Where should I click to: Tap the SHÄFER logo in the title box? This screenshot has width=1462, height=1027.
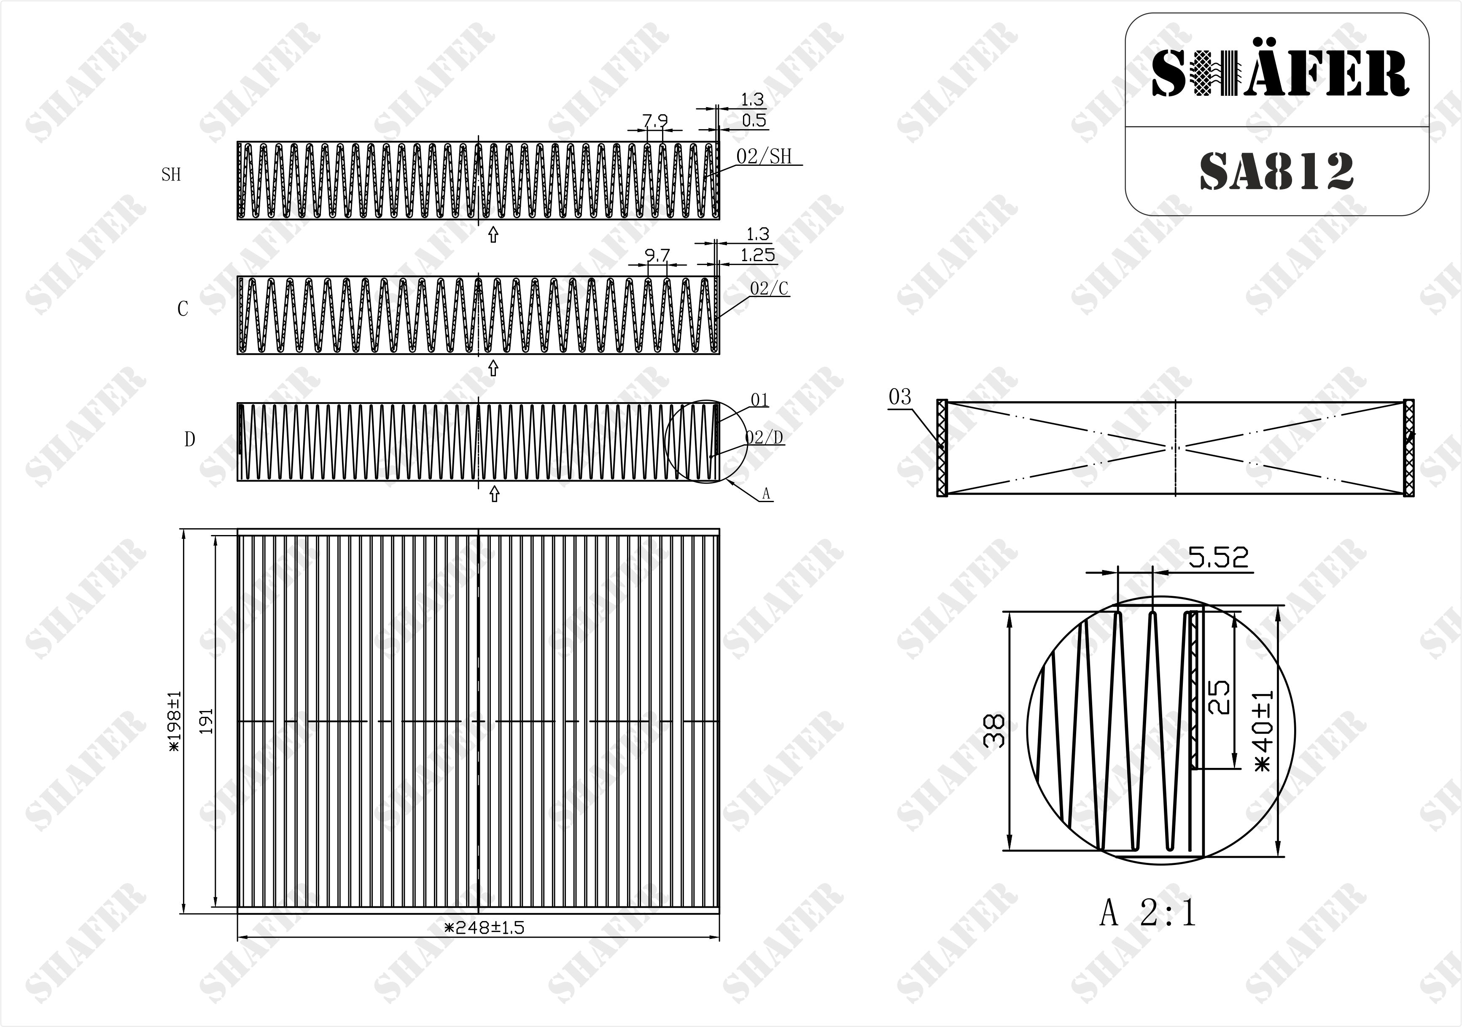point(1279,73)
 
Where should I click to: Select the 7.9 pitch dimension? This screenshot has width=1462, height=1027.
point(654,120)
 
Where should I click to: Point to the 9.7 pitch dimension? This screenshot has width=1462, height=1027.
point(657,255)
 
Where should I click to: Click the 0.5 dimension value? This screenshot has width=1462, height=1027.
point(754,120)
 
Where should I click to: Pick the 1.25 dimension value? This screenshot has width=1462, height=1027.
point(758,255)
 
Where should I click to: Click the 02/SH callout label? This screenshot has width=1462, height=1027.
point(764,157)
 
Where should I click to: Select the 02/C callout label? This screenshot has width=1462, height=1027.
point(769,289)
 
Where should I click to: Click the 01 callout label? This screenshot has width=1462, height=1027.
point(759,400)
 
